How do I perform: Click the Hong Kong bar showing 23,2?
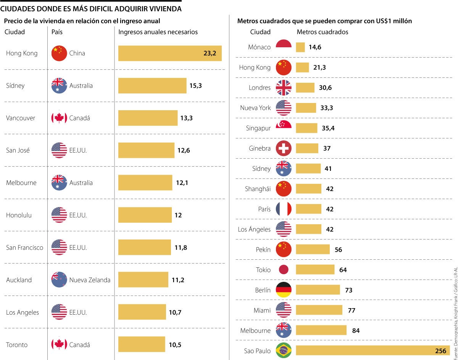click(170, 53)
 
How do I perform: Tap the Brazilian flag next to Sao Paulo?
click(284, 351)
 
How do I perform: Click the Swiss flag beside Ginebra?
click(284, 148)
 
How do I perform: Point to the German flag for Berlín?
click(284, 290)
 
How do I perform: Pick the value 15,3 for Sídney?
click(195, 86)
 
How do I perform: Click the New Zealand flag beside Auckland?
click(59, 280)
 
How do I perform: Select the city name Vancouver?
click(21, 118)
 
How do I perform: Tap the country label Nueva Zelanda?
click(90, 280)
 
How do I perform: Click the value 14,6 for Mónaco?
click(315, 47)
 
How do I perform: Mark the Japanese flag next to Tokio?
click(284, 270)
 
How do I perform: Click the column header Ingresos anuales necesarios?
click(158, 32)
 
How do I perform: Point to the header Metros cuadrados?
click(322, 32)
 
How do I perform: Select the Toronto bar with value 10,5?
click(142, 344)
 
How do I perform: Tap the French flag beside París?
click(284, 209)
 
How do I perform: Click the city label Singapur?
click(258, 128)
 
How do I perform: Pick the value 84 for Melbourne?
click(356, 331)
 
